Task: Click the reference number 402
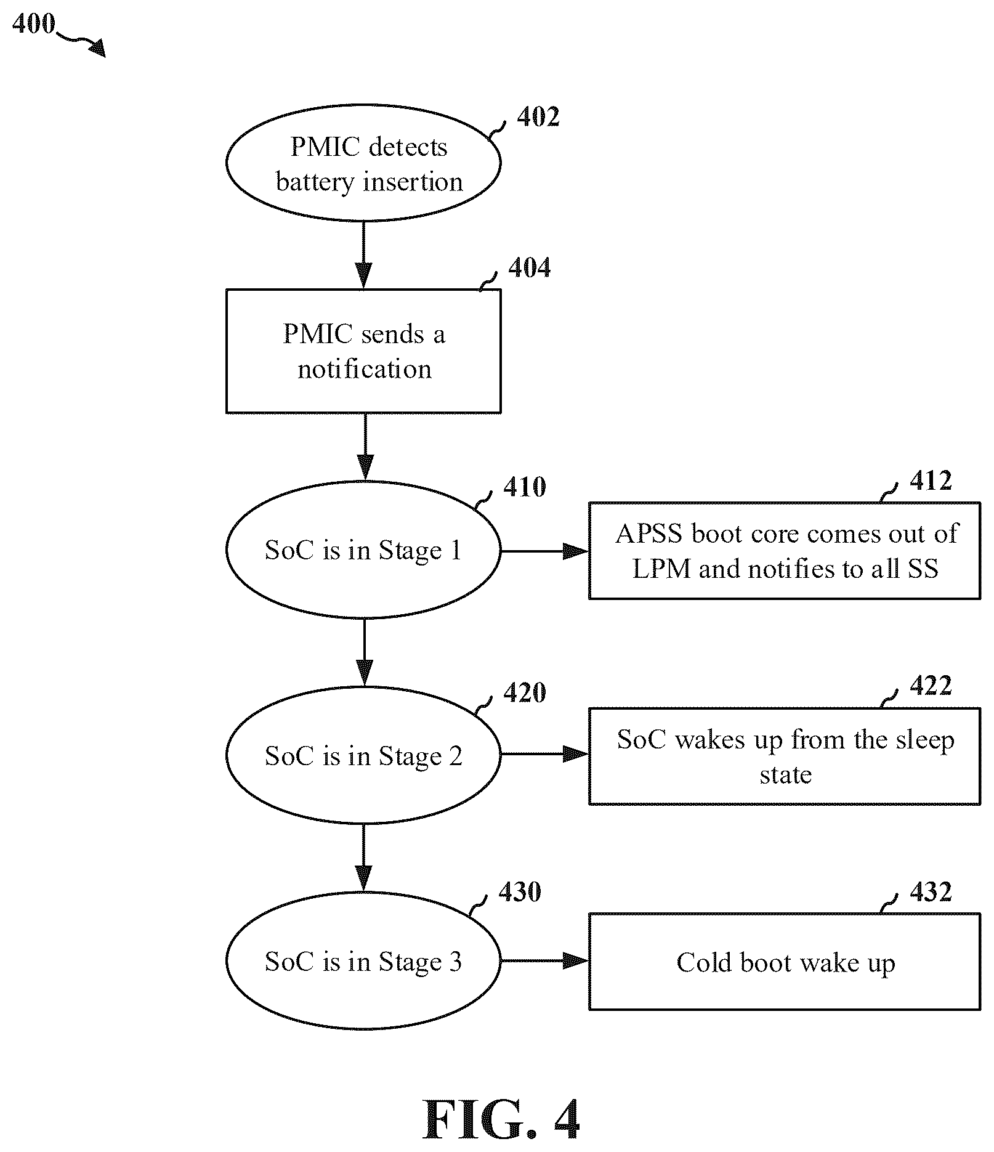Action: (x=538, y=117)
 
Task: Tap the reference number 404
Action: (x=530, y=268)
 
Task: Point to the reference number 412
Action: (x=931, y=481)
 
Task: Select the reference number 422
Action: (x=931, y=685)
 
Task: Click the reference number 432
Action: (x=931, y=891)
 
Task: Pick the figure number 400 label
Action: (x=33, y=24)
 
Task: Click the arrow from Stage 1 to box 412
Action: (x=544, y=551)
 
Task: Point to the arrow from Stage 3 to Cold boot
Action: (x=544, y=960)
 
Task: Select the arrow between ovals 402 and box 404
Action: (x=364, y=255)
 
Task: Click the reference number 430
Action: (x=520, y=891)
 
